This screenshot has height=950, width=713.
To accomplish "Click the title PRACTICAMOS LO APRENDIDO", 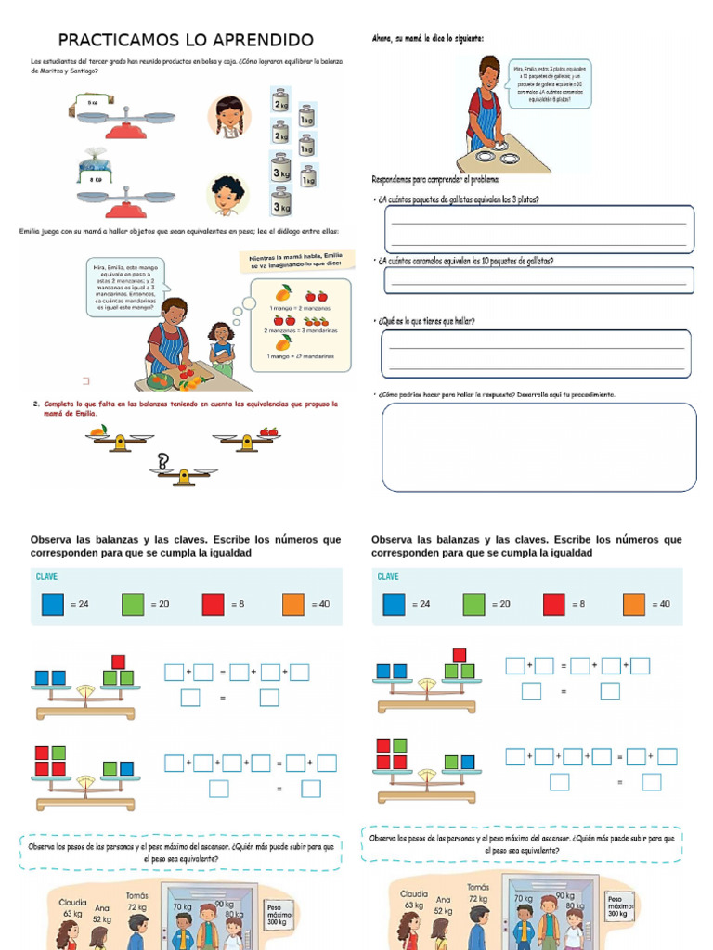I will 186,40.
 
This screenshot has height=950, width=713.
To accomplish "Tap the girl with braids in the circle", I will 229,116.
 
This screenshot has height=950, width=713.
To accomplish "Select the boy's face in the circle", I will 227,195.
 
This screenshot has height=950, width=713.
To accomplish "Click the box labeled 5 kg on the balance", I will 92,103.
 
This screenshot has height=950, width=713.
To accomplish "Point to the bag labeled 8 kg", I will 95,173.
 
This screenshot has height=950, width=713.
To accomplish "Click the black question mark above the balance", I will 163,461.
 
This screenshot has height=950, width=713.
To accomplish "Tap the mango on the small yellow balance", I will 98,430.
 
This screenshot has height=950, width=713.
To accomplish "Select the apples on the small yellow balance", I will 269,431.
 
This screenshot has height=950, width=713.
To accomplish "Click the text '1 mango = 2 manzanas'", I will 300,307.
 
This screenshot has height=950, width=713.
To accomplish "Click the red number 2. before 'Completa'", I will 35,404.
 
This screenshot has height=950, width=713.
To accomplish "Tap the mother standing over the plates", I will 485,107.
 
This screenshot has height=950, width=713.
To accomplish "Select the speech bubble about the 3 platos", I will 551,83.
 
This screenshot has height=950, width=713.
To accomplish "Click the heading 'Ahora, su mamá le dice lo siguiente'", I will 427,38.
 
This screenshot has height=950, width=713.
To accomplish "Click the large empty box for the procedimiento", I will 538,446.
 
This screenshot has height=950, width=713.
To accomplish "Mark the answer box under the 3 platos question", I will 538,228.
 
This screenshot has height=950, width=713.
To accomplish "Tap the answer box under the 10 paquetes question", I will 538,280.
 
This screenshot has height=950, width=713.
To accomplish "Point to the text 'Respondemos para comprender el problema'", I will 436,179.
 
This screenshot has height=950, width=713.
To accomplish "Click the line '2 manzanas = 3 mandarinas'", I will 302,330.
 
